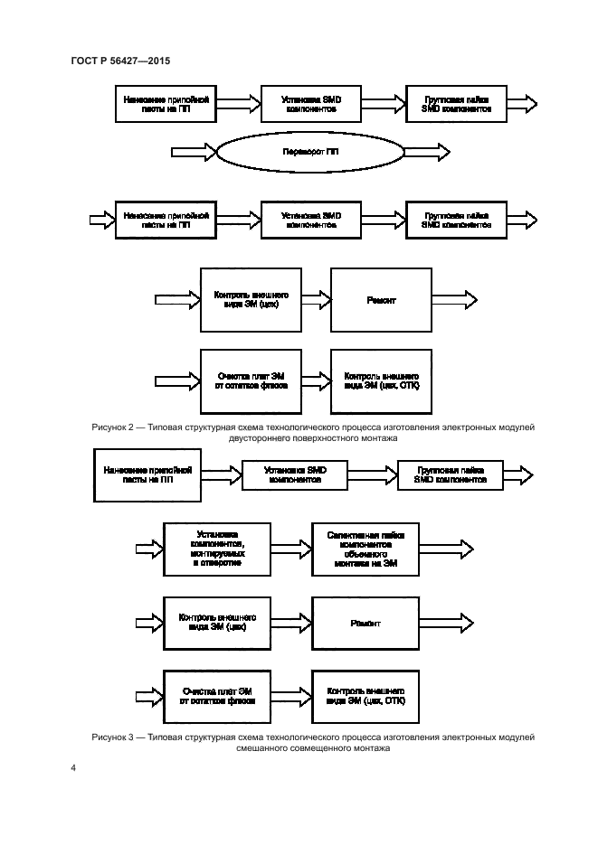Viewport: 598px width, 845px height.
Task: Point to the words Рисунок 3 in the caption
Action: [114, 737]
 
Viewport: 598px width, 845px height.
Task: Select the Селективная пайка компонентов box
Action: [365, 548]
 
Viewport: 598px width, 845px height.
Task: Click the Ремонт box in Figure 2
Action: [381, 300]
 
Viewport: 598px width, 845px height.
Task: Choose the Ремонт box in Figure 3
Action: [365, 624]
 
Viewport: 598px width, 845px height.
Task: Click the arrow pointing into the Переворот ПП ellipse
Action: [191, 150]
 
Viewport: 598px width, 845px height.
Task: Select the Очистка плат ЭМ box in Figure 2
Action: [251, 380]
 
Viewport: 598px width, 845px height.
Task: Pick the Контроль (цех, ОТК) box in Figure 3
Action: [365, 695]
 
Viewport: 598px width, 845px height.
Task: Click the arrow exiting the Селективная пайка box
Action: [445, 548]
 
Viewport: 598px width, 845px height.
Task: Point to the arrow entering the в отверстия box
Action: [147, 548]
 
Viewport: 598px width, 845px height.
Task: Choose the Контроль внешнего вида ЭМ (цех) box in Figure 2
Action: [251, 300]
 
